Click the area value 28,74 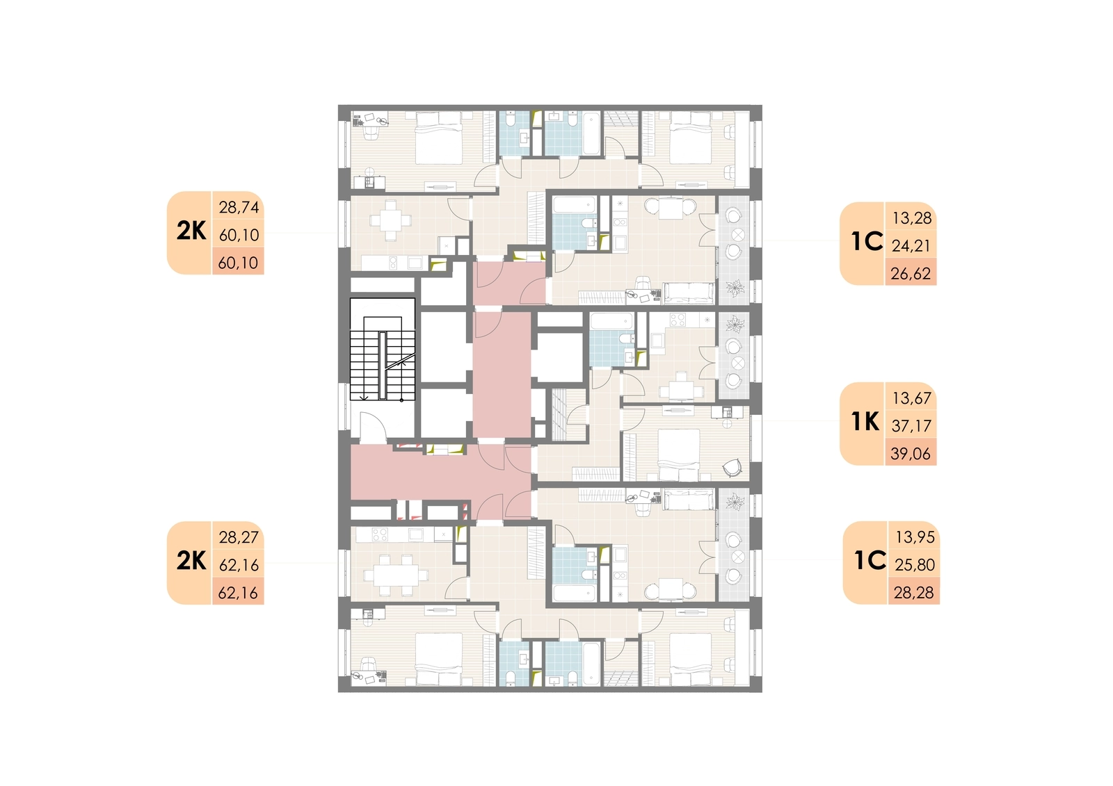pyautogui.click(x=239, y=207)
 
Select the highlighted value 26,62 pyautogui.click(x=911, y=274)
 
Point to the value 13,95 pyautogui.click(x=915, y=537)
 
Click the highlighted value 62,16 pyautogui.click(x=239, y=592)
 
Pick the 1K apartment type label pyautogui.click(x=865, y=422)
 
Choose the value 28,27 pyautogui.click(x=239, y=537)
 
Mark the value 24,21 pyautogui.click(x=911, y=246)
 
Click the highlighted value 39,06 pyautogui.click(x=911, y=453)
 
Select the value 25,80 pyautogui.click(x=915, y=564)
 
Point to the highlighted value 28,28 pyautogui.click(x=914, y=592)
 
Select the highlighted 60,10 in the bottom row pyautogui.click(x=239, y=263)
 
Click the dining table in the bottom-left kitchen pyautogui.click(x=396, y=575)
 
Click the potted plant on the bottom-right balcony pyautogui.click(x=735, y=502)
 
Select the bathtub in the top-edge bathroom pyautogui.click(x=591, y=134)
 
